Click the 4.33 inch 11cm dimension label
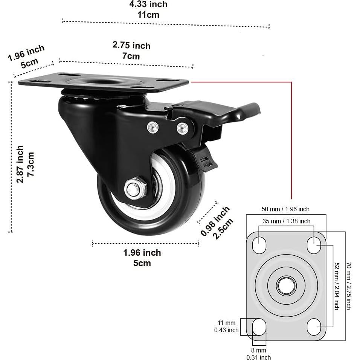pos(148,9)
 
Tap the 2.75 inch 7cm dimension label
pos(131,50)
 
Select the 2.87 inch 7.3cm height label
pos(25,164)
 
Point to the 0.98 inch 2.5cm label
pos(217,223)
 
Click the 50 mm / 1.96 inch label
pos(285,209)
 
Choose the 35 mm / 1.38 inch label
pos(286,221)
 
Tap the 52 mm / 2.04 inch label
pos(337,286)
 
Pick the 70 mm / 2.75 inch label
pos(349,286)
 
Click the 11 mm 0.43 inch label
pos(226,326)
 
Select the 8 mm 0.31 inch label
pos(259,354)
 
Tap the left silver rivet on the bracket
pos(153,127)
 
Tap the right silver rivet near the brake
pos(183,128)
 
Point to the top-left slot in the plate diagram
pos(259,245)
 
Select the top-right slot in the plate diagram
pos(314,245)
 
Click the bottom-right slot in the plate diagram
pos(314,327)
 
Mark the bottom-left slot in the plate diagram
pos(259,327)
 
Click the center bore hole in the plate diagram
pos(286,286)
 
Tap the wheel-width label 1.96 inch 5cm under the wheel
pos(142,258)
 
